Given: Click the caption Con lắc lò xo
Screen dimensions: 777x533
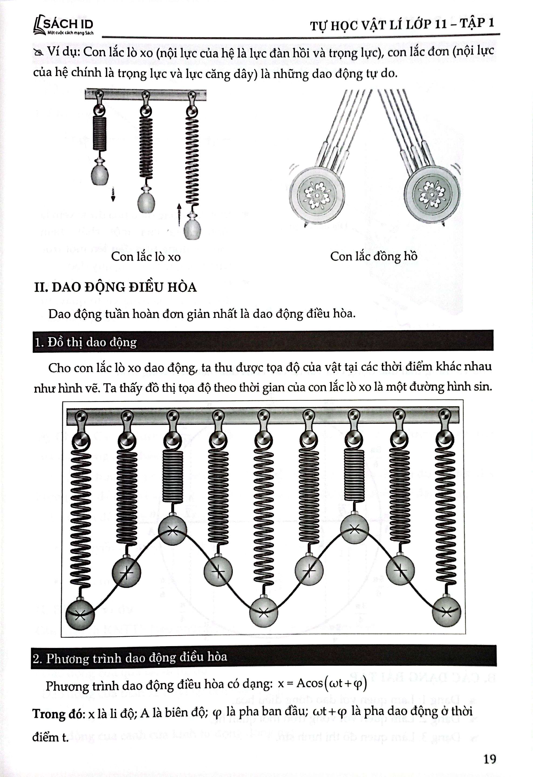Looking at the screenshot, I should (146, 257).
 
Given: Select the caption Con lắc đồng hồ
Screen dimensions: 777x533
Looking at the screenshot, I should (374, 256).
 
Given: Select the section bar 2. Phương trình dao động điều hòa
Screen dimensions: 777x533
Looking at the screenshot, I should (263, 657).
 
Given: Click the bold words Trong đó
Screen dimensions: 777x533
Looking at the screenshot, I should (58, 714).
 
